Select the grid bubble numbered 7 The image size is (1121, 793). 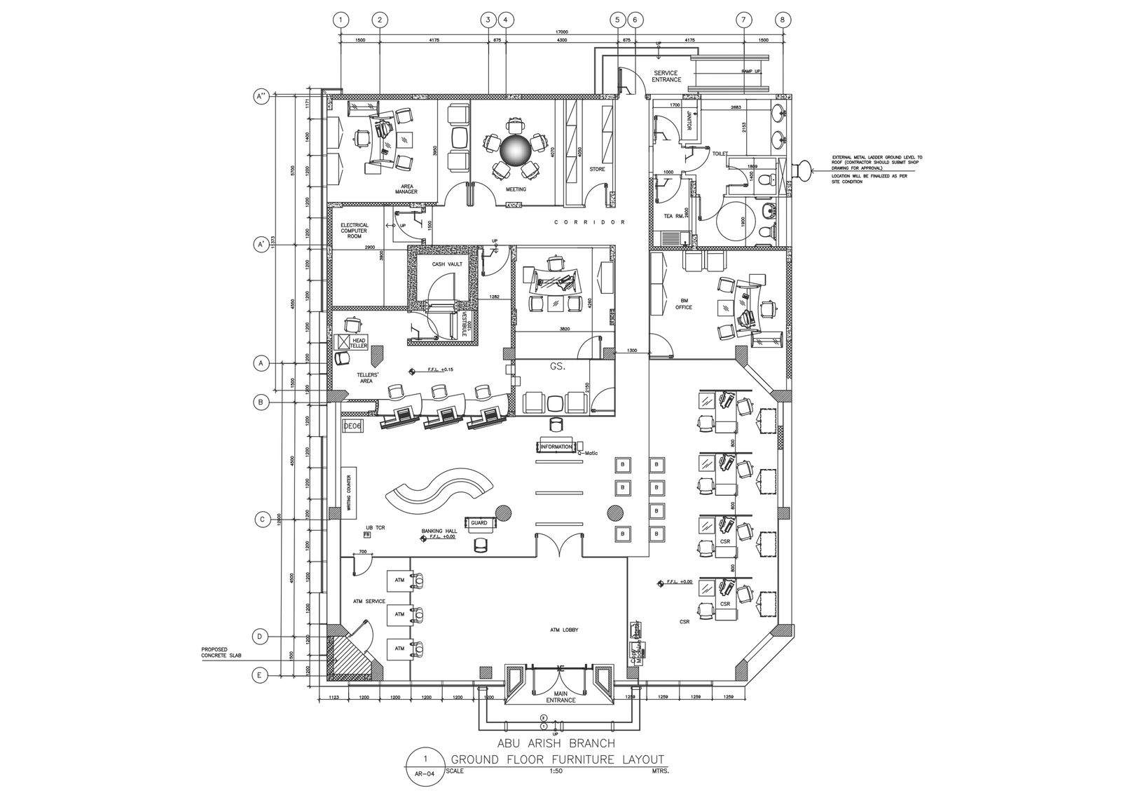(x=744, y=20)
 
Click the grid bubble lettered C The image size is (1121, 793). (x=262, y=520)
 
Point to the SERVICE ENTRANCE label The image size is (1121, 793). (x=666, y=76)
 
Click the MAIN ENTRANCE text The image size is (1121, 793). (x=560, y=697)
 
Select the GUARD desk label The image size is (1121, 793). (x=479, y=523)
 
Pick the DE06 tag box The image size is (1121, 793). (x=351, y=426)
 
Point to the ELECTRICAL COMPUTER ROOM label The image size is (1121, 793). (x=355, y=231)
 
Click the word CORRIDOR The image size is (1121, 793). (x=589, y=222)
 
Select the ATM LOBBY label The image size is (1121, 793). (x=564, y=630)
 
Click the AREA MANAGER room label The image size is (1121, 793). (x=406, y=189)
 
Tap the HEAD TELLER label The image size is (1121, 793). (x=359, y=343)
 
